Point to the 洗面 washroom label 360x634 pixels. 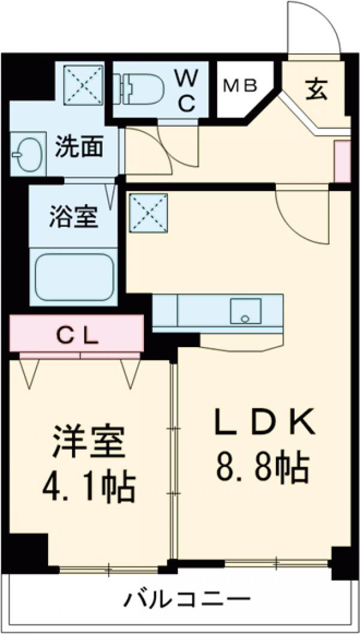coord(79,146)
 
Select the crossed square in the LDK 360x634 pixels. coord(148,211)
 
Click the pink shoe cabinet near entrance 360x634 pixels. coord(342,160)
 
